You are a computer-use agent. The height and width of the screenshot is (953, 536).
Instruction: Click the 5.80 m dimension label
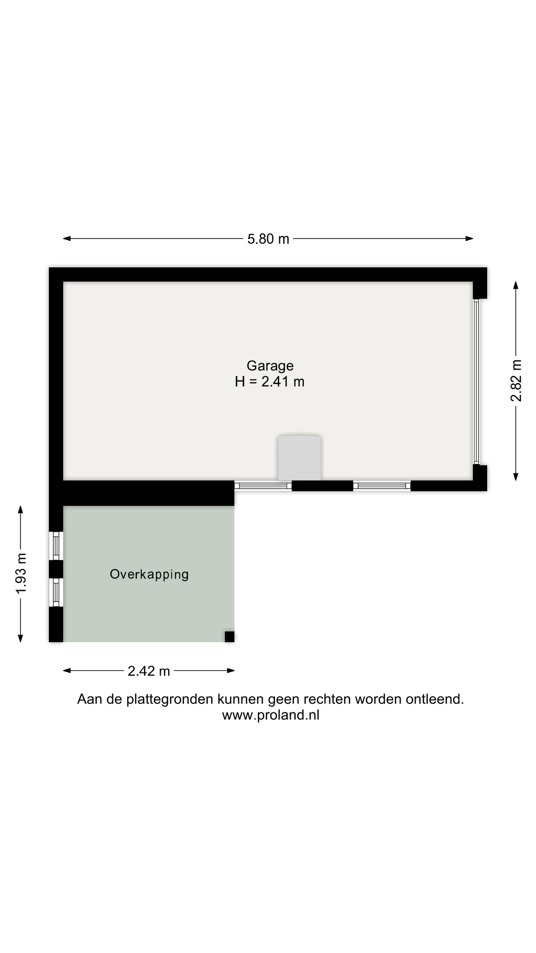(x=268, y=239)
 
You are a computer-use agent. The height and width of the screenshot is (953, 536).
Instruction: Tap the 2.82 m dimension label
(x=516, y=381)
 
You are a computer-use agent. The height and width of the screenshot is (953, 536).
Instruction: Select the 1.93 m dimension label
(x=21, y=573)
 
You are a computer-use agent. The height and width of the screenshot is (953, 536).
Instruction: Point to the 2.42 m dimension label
(x=149, y=671)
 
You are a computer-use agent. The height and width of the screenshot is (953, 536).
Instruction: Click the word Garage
(x=270, y=366)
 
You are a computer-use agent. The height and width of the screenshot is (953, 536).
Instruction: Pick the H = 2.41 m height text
(x=270, y=382)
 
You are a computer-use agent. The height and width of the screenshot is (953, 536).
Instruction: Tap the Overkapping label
(x=150, y=574)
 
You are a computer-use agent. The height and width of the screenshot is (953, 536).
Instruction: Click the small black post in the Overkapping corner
(x=230, y=637)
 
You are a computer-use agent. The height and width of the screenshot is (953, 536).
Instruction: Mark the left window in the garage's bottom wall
(x=263, y=486)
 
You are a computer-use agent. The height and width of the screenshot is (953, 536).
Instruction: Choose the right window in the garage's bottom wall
(x=382, y=486)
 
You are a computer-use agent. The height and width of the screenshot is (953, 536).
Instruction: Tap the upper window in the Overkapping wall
(x=56, y=546)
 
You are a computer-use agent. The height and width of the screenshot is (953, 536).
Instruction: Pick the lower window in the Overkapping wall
(x=56, y=592)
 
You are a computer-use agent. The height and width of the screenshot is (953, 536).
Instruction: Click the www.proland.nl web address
(x=271, y=715)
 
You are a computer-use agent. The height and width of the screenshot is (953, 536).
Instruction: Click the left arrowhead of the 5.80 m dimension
(x=67, y=239)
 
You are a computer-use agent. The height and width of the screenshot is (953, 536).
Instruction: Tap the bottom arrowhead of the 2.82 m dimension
(x=516, y=477)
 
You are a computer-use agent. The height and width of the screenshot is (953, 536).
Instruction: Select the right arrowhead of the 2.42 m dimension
(x=231, y=670)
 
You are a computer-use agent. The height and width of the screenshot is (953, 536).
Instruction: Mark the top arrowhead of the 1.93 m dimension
(x=21, y=510)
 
